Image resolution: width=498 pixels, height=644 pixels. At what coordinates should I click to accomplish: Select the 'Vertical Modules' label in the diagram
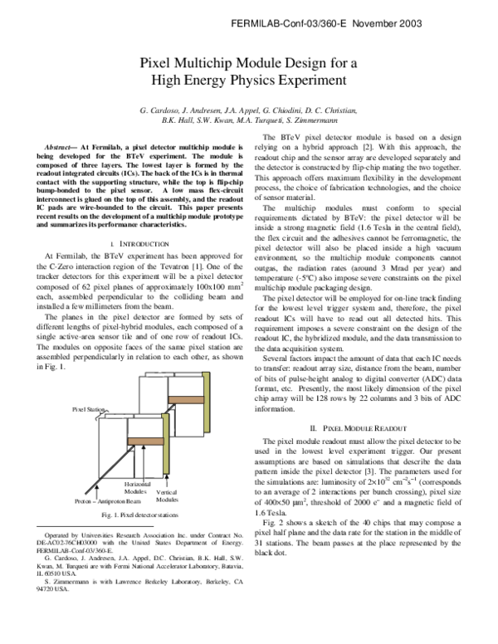coord(167,496)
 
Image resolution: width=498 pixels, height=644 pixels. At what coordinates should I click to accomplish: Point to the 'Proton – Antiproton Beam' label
coord(108,501)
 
